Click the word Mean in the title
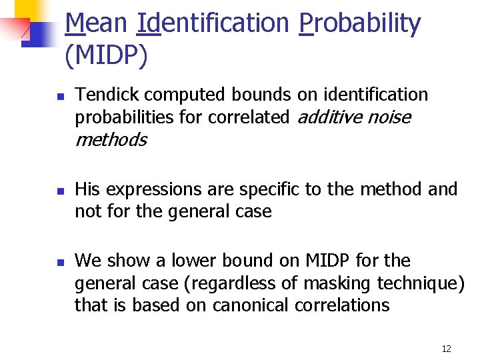point(96,24)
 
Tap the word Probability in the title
point(360,24)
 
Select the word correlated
point(248,117)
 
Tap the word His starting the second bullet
point(88,189)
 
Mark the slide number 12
point(447,349)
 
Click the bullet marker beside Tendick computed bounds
point(59,97)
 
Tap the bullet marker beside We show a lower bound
point(59,262)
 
